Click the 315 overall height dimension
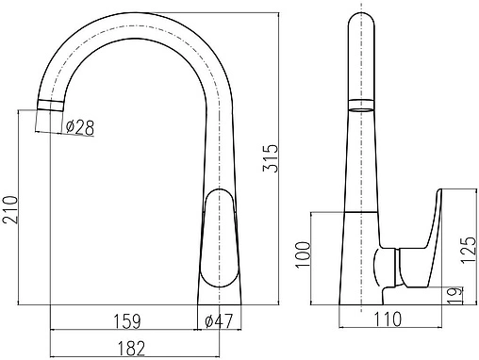click(x=271, y=158)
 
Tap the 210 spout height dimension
click(x=10, y=209)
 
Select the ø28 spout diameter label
click(x=80, y=127)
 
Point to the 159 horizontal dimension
click(x=127, y=321)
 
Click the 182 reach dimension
click(x=131, y=349)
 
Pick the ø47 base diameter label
click(x=219, y=321)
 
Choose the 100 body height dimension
click(x=304, y=254)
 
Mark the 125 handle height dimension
click(x=470, y=250)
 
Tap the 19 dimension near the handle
click(x=455, y=295)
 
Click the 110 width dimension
click(x=388, y=319)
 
